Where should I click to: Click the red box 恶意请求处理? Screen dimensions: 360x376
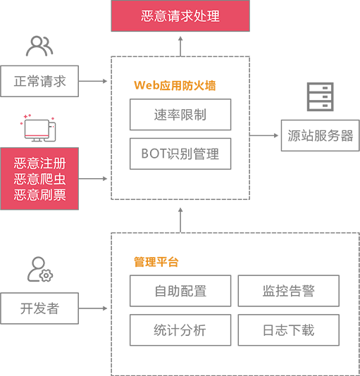coord(180,15)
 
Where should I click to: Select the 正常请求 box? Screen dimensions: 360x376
coord(39,81)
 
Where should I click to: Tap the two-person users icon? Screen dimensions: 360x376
coord(39,46)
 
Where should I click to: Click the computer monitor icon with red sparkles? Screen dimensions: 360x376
coord(39,128)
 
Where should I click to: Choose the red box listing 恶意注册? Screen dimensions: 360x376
coord(39,179)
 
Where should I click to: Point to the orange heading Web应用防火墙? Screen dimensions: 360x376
coord(175,85)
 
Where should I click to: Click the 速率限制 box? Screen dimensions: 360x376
coord(180,115)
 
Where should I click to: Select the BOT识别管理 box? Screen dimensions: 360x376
coord(180,153)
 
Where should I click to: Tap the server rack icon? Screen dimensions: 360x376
coord(321,96)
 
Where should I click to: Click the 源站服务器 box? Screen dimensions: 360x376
coord(321,135)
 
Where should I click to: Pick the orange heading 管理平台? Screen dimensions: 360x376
coord(156,262)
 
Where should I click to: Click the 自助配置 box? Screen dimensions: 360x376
coord(180,291)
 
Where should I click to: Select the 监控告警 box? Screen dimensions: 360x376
coord(288,291)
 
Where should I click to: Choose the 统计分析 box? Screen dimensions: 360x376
coord(180,330)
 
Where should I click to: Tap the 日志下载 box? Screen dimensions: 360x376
coord(288,330)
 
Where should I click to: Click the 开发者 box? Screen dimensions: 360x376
coord(39,308)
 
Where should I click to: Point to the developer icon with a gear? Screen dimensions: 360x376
coord(40,269)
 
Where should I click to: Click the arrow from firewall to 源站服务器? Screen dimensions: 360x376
coord(264,135)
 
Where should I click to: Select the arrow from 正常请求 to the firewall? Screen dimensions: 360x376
coord(93,81)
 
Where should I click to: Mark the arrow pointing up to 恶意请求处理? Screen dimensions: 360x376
coord(180,46)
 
